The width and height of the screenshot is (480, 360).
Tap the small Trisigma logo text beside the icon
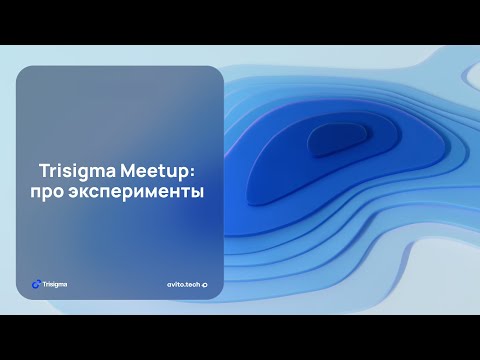(x=56, y=283)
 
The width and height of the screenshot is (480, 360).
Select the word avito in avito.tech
(x=176, y=284)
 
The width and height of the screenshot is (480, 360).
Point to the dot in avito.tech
(x=185, y=285)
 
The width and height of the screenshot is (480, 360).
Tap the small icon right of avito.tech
(x=205, y=284)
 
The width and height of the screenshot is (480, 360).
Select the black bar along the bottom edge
(x=240, y=337)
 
